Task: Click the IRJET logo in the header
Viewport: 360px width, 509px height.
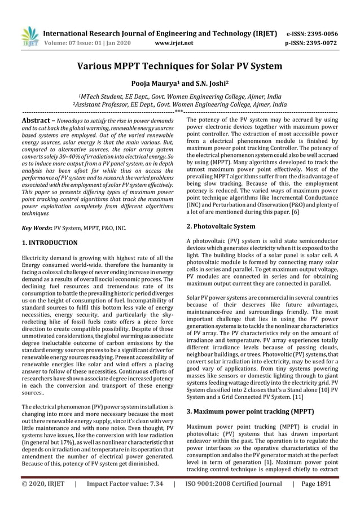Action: click(x=29, y=37)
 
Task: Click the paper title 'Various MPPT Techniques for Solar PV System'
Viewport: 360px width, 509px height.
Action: click(x=179, y=66)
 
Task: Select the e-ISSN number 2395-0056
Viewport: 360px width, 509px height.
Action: click(x=318, y=33)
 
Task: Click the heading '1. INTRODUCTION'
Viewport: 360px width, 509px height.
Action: click(x=49, y=243)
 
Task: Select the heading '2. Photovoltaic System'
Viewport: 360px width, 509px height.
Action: click(x=220, y=226)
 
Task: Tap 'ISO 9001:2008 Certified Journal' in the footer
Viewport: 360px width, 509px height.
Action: click(x=233, y=484)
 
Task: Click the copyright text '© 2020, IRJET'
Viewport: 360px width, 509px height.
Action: click(x=43, y=484)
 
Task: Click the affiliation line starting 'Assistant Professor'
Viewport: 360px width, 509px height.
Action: click(x=179, y=104)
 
